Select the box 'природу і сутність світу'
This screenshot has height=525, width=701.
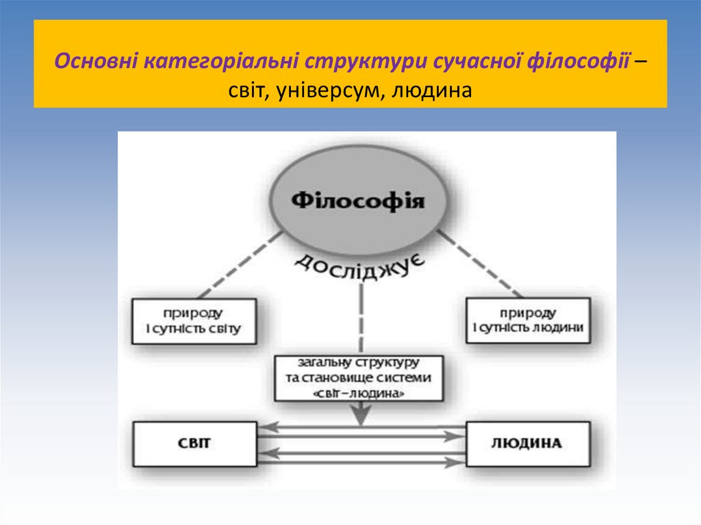[x=195, y=321]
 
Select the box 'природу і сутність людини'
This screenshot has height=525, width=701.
[x=528, y=321]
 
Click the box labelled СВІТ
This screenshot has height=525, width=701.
[x=195, y=443]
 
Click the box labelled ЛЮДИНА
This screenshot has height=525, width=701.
[x=527, y=443]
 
